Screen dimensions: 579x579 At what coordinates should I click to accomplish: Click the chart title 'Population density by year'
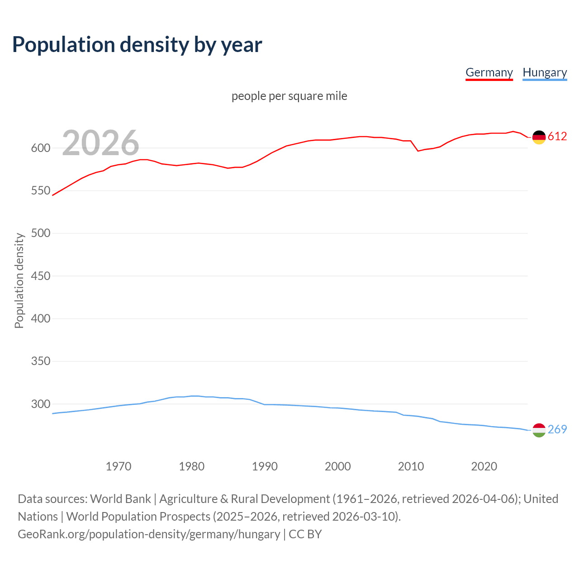click(137, 45)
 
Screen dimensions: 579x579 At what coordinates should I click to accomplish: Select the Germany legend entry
click(489, 72)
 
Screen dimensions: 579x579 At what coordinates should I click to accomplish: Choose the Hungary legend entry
click(545, 72)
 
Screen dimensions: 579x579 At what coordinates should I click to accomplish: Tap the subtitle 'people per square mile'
click(289, 96)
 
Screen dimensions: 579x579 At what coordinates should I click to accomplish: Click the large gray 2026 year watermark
click(100, 143)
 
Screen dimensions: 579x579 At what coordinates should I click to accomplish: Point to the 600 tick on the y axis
click(41, 148)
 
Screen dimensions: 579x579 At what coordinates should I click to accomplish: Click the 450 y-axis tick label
click(41, 276)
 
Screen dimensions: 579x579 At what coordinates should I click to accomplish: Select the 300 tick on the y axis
click(41, 404)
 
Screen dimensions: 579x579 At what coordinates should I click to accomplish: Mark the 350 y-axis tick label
click(41, 361)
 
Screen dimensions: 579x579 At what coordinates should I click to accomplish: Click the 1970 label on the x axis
click(119, 466)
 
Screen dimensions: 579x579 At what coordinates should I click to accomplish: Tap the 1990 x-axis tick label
click(265, 466)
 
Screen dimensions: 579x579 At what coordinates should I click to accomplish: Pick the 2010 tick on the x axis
click(411, 466)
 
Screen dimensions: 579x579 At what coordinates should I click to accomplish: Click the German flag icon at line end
click(539, 137)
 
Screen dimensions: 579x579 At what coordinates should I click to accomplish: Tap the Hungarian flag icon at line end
click(539, 430)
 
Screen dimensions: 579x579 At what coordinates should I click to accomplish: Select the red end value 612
click(557, 136)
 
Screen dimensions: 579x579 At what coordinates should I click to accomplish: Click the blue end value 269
click(557, 429)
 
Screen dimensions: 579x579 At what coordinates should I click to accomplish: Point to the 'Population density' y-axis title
click(19, 280)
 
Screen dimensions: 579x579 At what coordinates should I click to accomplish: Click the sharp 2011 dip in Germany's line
click(418, 151)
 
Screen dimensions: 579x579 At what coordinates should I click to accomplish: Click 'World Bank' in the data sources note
click(120, 499)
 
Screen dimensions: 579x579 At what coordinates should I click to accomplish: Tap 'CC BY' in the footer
click(305, 534)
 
